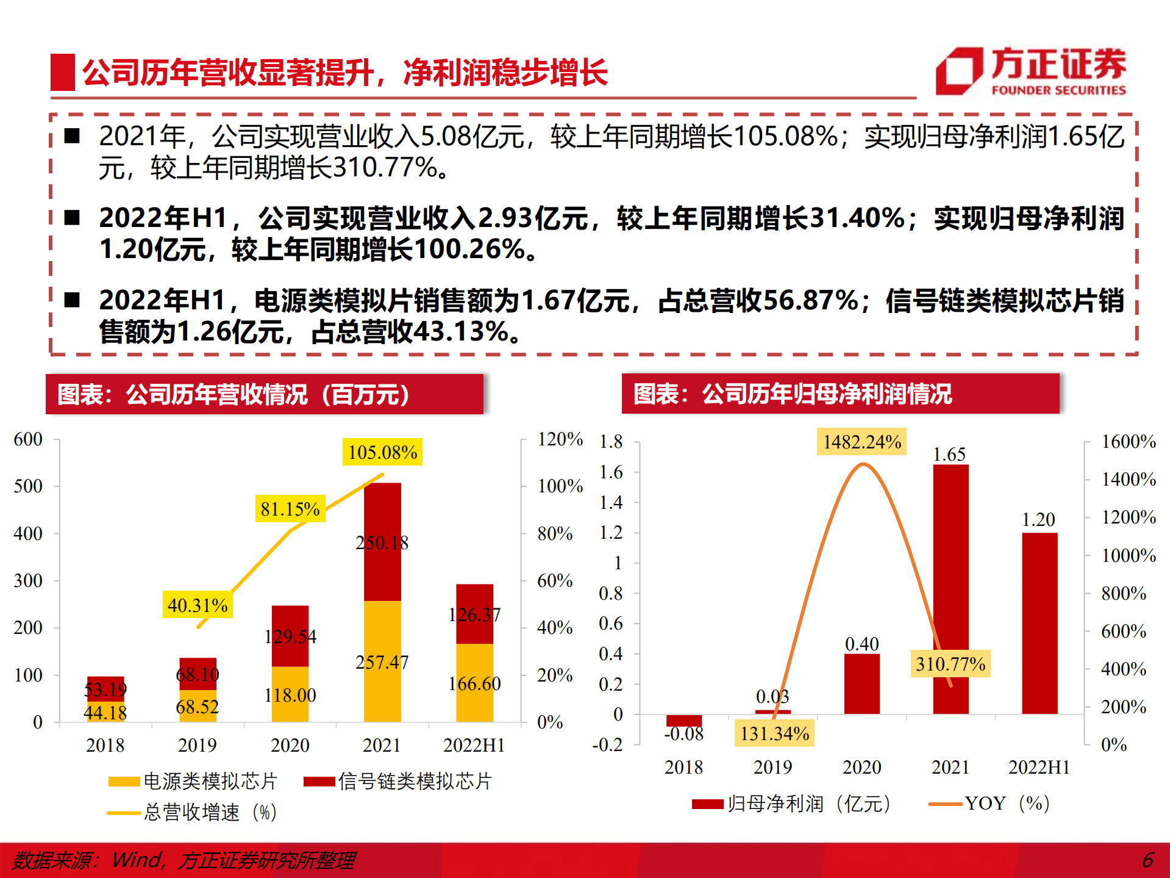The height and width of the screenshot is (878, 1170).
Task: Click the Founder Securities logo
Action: pos(1030,72)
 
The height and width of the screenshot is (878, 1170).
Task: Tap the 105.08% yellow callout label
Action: pos(382,452)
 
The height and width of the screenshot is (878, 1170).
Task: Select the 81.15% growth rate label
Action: pos(290,509)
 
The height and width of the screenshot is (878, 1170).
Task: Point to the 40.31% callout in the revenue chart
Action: pos(198,605)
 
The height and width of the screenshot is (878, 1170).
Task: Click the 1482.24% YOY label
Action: pos(861,442)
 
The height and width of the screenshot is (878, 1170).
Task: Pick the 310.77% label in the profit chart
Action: pos(950,664)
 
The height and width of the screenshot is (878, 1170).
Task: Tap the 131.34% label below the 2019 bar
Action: pos(774,733)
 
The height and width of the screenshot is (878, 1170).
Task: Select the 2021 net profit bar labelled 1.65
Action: pos(951,589)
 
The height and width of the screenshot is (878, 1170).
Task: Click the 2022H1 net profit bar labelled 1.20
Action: pos(1040,622)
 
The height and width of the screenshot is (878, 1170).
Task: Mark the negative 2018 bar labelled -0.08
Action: pos(684,720)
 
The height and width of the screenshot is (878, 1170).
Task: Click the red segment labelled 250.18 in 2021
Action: pos(382,542)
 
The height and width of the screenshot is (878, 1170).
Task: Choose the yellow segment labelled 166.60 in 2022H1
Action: pos(474,683)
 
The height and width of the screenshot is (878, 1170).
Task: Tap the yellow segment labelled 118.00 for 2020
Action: pos(290,695)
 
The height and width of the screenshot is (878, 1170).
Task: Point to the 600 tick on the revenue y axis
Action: pos(28,439)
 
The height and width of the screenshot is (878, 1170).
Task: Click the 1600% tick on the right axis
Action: pos(1128,442)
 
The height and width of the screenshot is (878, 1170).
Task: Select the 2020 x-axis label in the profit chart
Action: pos(861,767)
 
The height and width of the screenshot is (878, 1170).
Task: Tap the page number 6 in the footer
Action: pos(1147,860)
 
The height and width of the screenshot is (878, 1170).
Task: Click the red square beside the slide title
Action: pos(62,73)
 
